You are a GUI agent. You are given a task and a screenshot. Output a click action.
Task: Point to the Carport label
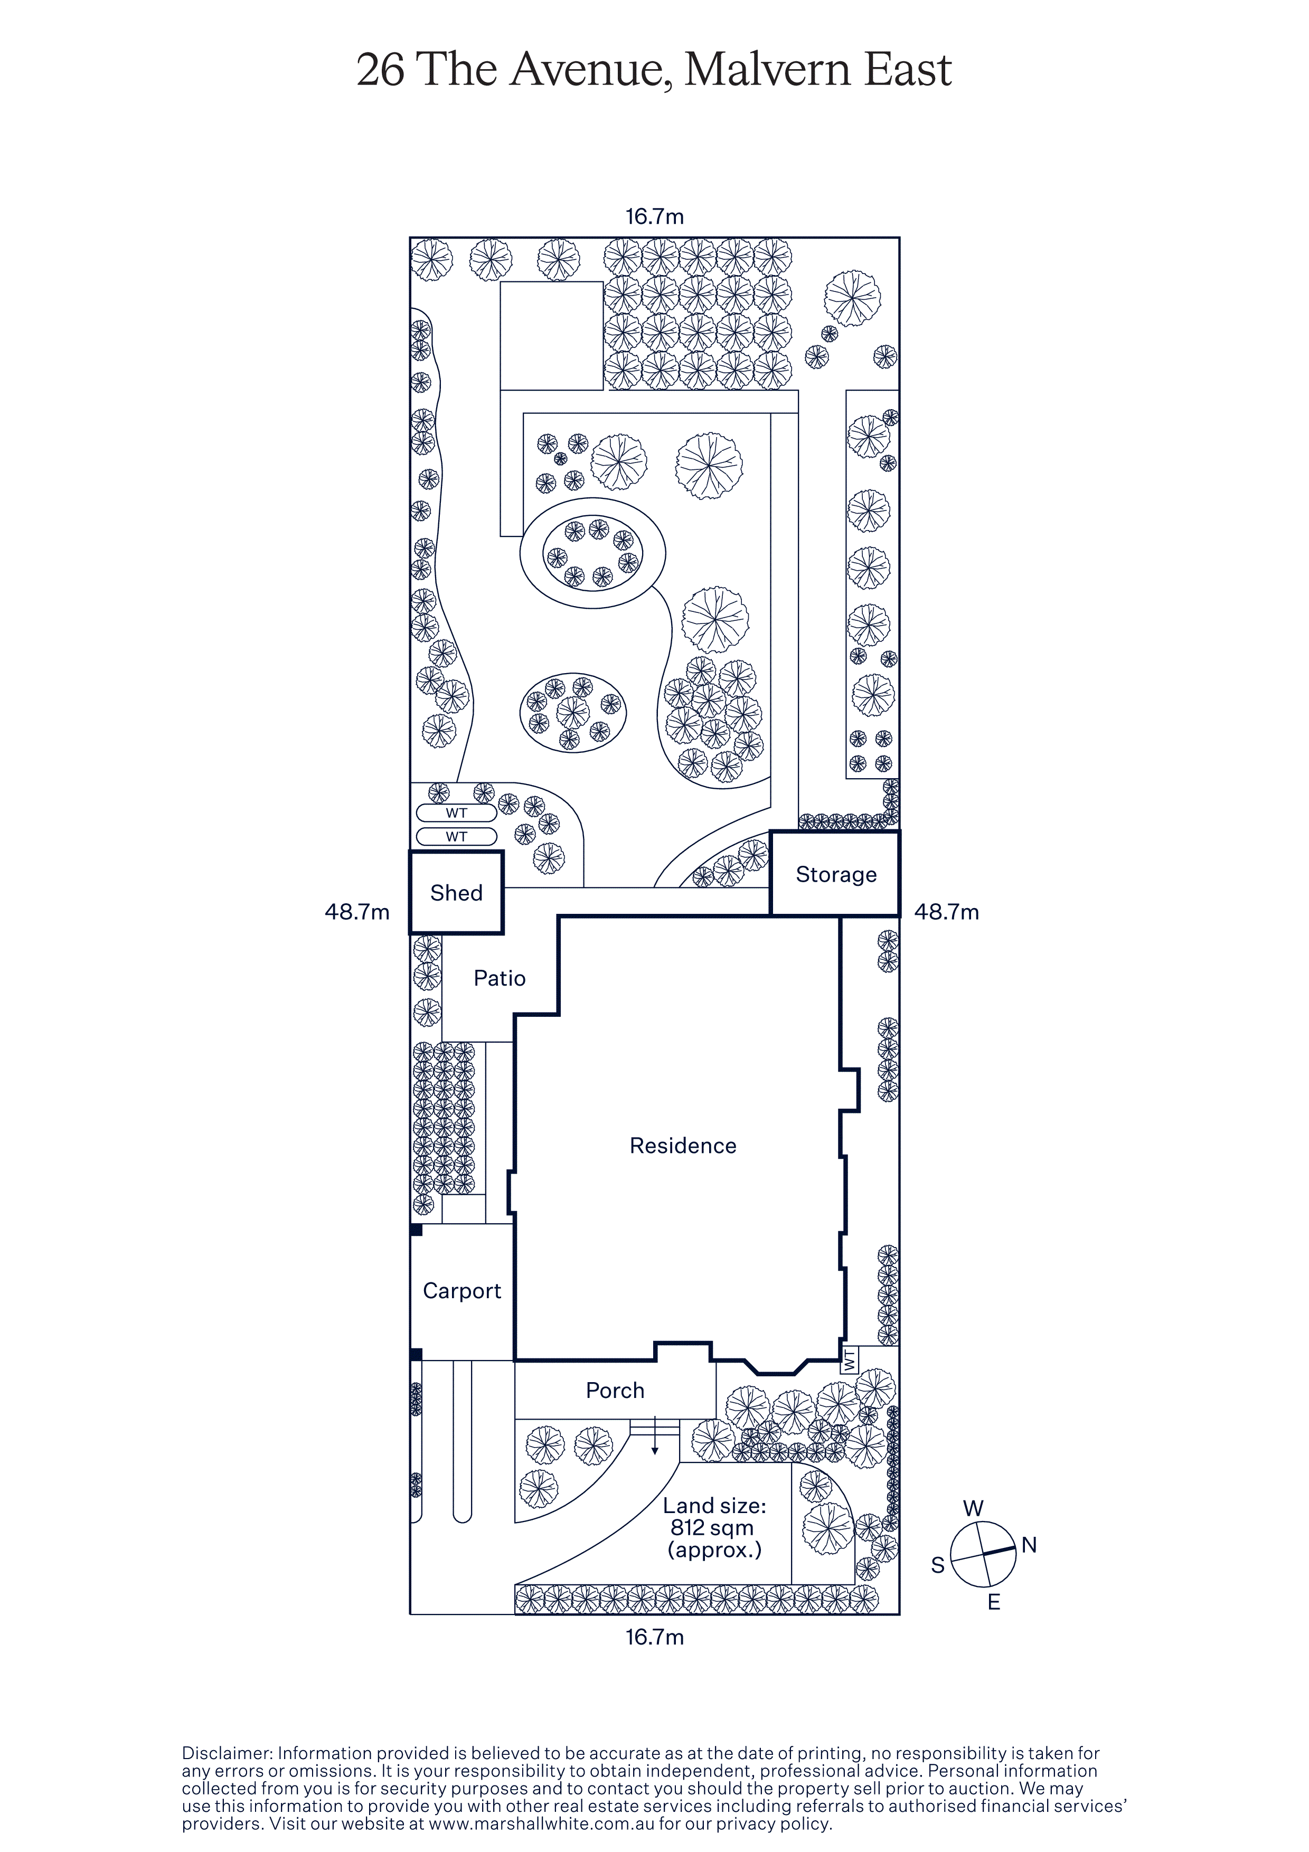tap(462, 1291)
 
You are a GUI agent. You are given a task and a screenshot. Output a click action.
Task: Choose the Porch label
tap(615, 1391)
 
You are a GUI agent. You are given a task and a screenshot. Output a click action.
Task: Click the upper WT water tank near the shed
tap(457, 813)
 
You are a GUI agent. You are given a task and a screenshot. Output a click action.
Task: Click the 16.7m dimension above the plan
tap(654, 216)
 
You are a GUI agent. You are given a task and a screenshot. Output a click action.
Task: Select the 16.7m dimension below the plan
tap(654, 1637)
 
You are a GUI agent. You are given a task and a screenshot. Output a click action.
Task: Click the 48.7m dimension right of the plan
tap(946, 912)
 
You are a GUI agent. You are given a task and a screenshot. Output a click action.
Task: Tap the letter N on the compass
tap(1029, 1545)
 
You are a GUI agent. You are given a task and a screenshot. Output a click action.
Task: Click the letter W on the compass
tap(974, 1508)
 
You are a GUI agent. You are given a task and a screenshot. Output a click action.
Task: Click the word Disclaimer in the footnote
tap(227, 1753)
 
